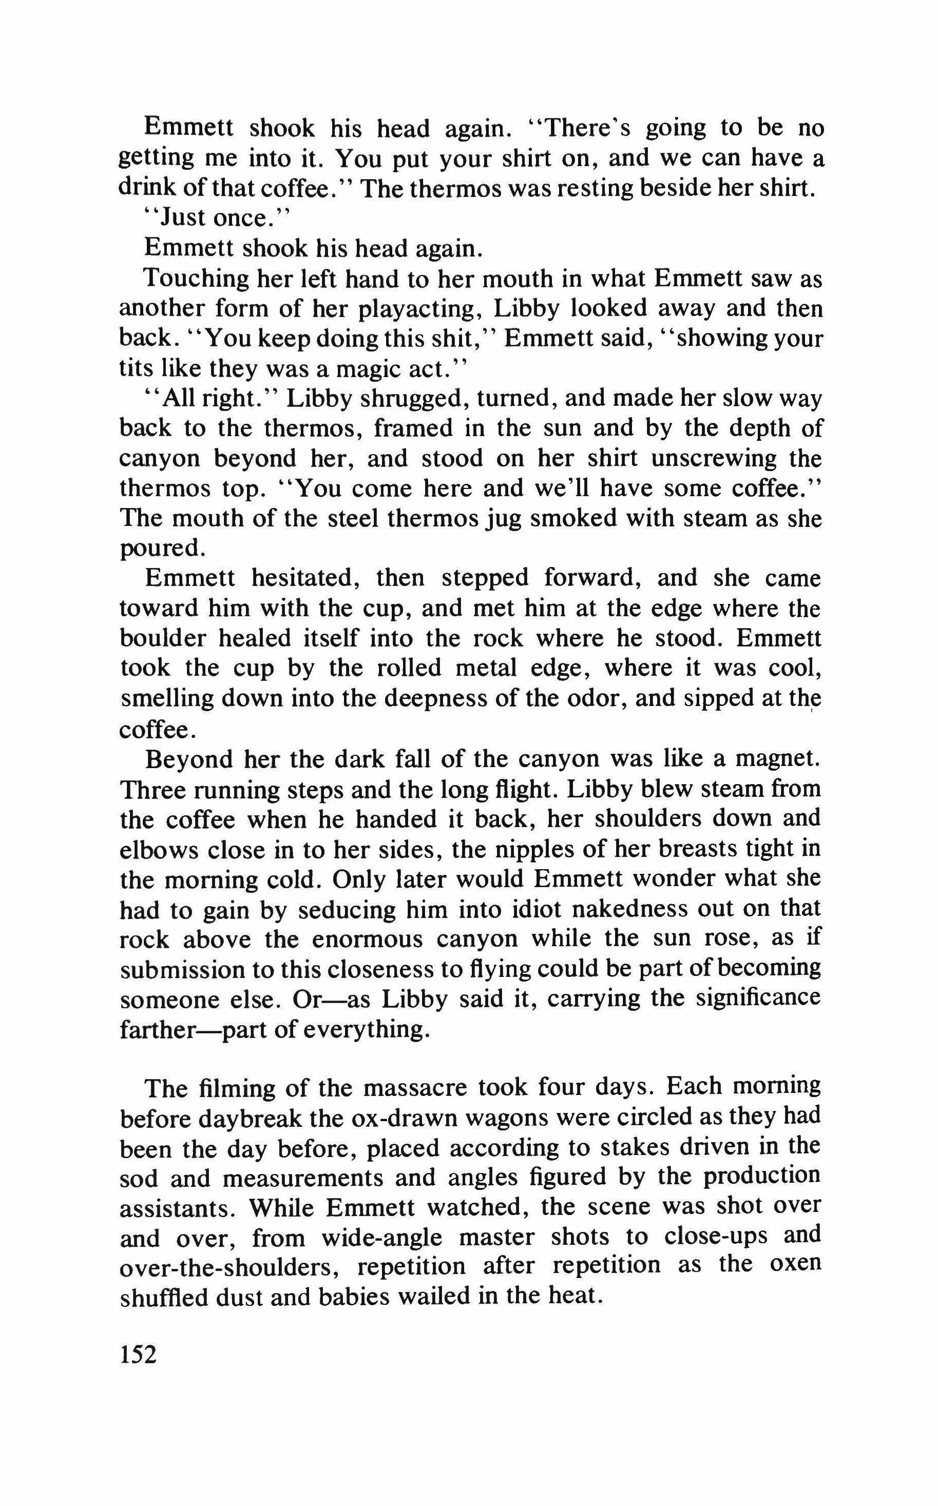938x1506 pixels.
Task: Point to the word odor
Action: pos(617,698)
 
